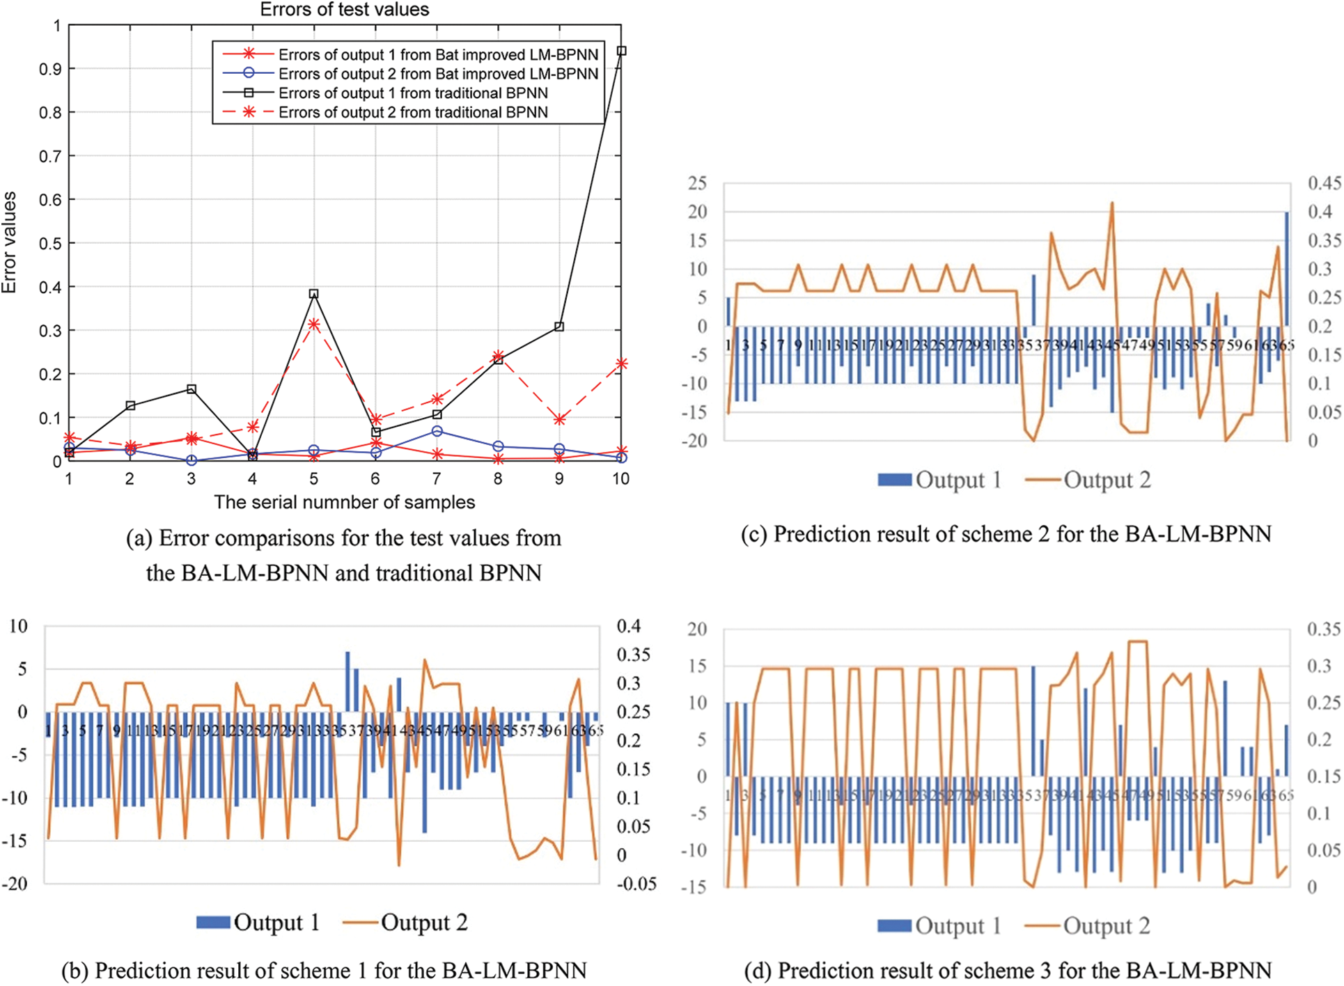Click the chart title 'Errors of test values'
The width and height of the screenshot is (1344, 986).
coord(344,10)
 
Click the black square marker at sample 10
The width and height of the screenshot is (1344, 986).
coord(622,51)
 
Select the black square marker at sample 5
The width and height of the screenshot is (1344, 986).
coord(314,294)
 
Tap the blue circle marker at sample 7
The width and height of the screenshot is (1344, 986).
coord(437,431)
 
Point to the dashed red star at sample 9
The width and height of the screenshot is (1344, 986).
coord(559,419)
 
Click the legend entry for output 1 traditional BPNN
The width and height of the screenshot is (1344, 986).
coord(413,93)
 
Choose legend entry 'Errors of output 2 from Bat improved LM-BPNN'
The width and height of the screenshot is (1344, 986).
coord(438,74)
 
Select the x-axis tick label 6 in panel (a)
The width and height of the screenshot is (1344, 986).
coord(375,479)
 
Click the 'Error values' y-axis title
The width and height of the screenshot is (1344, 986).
coord(10,242)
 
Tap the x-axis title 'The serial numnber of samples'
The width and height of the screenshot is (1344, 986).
coord(344,502)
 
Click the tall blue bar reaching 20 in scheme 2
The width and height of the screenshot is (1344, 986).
coord(1286,269)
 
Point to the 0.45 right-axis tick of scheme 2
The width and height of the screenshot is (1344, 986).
coord(1324,183)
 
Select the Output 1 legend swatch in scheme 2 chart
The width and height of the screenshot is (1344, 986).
coord(894,480)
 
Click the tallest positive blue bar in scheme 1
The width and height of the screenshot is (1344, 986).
coord(347,681)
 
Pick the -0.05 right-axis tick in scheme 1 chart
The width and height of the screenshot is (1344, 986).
coord(636,884)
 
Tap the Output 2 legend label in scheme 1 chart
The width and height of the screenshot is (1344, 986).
coord(423,923)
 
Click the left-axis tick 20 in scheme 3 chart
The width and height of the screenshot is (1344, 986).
coord(697,629)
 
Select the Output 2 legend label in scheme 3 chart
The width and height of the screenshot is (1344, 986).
coord(1107,925)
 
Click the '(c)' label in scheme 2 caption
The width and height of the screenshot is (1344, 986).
coord(754,534)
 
